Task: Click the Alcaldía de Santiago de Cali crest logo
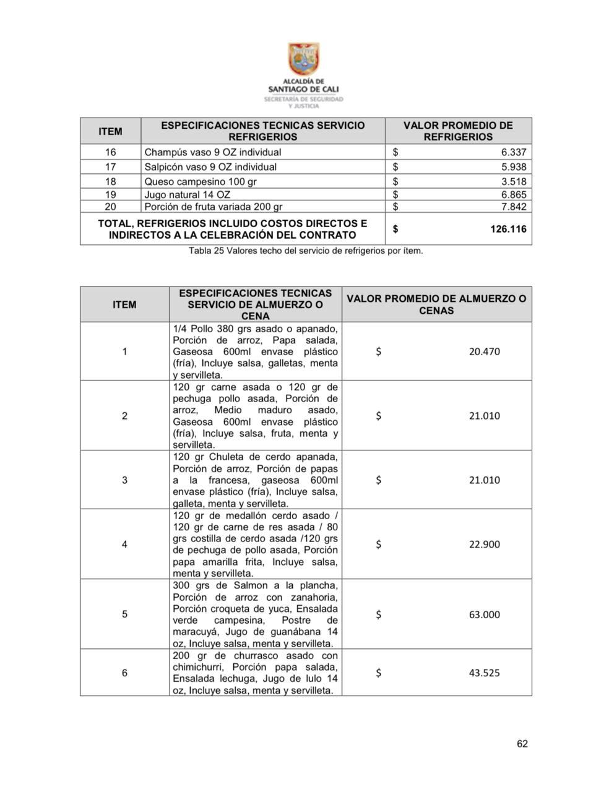(x=303, y=59)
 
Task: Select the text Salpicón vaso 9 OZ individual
(x=210, y=167)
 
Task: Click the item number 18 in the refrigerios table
(x=110, y=181)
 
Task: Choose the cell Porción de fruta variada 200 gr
(x=213, y=207)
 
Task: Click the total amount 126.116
(x=508, y=229)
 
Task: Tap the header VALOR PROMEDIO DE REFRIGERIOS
(x=458, y=131)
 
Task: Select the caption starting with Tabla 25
(x=306, y=251)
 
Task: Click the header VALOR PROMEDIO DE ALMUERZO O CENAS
(x=436, y=304)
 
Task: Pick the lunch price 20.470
(x=484, y=351)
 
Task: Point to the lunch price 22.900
(x=484, y=544)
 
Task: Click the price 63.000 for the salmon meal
(x=484, y=614)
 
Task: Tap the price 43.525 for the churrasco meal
(x=484, y=673)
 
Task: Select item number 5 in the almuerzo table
(x=124, y=614)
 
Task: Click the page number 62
(x=522, y=744)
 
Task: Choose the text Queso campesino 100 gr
(x=201, y=181)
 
